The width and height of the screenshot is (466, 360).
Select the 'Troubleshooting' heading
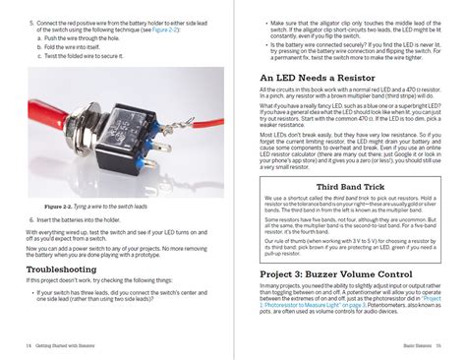pyautogui.click(x=61, y=268)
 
